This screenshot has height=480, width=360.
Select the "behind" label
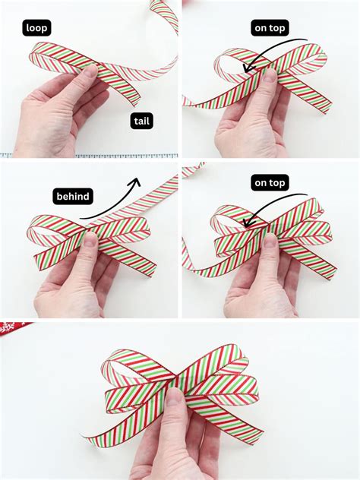[73, 197]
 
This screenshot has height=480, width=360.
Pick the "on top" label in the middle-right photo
[270, 182]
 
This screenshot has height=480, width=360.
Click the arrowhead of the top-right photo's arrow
[245, 69]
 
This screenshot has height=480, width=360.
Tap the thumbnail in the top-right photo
[270, 76]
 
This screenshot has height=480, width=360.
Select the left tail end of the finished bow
[90, 441]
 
